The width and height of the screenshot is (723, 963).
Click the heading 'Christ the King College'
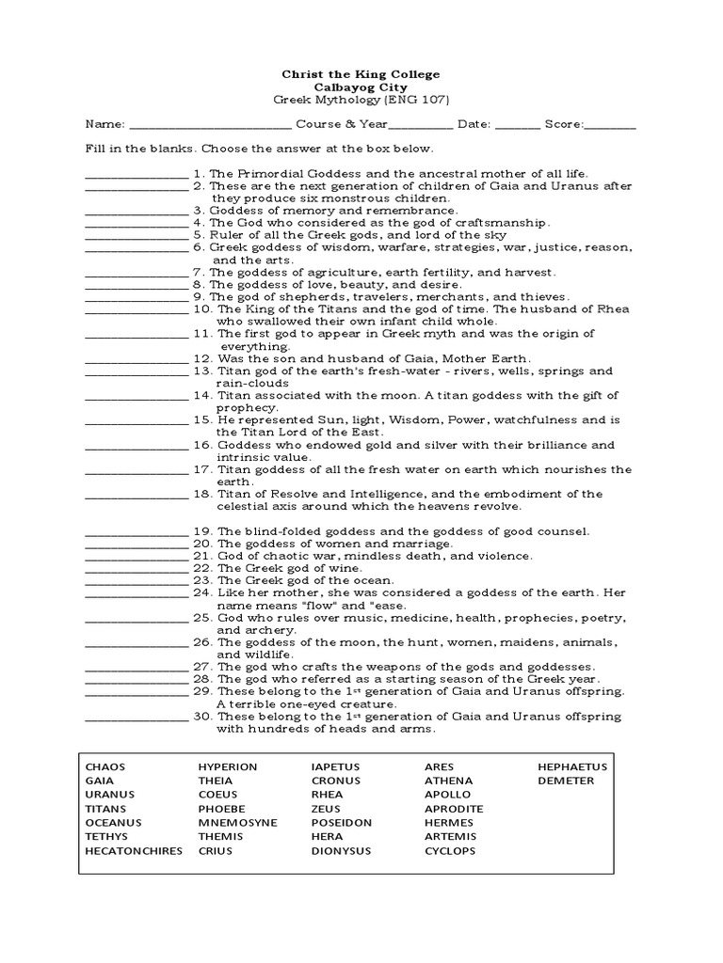point(361,73)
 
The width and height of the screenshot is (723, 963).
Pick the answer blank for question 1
point(137,174)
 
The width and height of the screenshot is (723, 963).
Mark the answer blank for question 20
point(137,544)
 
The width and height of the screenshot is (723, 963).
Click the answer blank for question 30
point(137,717)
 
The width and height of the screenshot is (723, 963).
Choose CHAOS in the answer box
point(104,766)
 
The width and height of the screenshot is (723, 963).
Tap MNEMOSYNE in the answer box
point(237,823)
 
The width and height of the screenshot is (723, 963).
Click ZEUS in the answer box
point(326,809)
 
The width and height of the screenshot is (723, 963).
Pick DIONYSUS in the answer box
point(341,851)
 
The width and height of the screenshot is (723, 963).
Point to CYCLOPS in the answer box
point(450,851)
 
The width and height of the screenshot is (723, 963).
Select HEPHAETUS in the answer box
point(572,766)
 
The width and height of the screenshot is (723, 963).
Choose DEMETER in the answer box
point(566,781)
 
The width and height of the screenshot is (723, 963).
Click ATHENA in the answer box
point(447,781)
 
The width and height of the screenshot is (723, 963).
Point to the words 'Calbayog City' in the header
point(361,86)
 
